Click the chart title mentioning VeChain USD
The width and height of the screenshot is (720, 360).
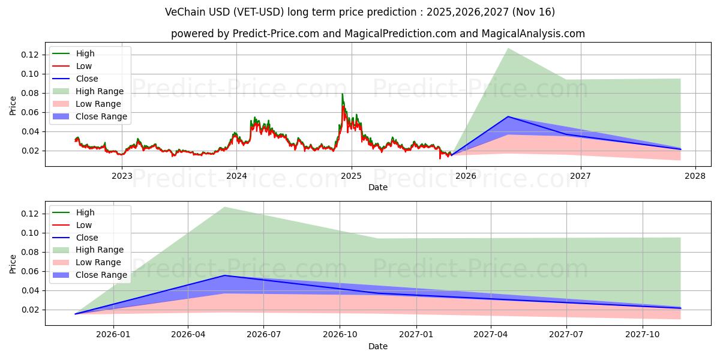360,12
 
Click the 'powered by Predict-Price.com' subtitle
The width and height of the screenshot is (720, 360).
378,34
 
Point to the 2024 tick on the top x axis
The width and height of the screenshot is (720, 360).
236,175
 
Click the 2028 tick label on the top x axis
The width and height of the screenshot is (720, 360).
695,175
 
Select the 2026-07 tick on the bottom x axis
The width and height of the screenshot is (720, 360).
264,334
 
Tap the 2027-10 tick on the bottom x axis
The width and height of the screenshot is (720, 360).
643,334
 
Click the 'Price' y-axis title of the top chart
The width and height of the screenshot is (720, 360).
13,106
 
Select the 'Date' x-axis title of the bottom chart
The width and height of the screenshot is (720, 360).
378,346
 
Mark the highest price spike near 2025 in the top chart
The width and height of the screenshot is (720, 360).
343,94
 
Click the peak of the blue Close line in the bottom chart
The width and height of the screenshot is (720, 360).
224,275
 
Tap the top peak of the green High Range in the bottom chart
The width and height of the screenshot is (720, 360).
224,207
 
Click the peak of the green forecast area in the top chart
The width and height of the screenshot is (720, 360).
508,48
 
